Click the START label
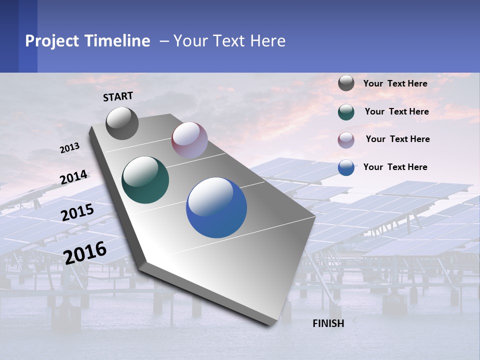click(118, 96)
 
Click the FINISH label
click(328, 323)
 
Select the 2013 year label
click(69, 148)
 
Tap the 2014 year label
click(73, 177)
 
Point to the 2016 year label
click(85, 253)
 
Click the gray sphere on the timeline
click(122, 123)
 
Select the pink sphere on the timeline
click(189, 140)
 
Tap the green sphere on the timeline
click(145, 180)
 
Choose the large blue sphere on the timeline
click(216, 207)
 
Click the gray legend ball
click(346, 83)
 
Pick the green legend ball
click(346, 112)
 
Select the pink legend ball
click(346, 140)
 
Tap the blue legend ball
click(346, 167)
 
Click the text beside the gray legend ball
click(395, 83)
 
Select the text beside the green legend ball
click(396, 111)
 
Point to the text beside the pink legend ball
click(397, 139)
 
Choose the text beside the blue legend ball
click(395, 167)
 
